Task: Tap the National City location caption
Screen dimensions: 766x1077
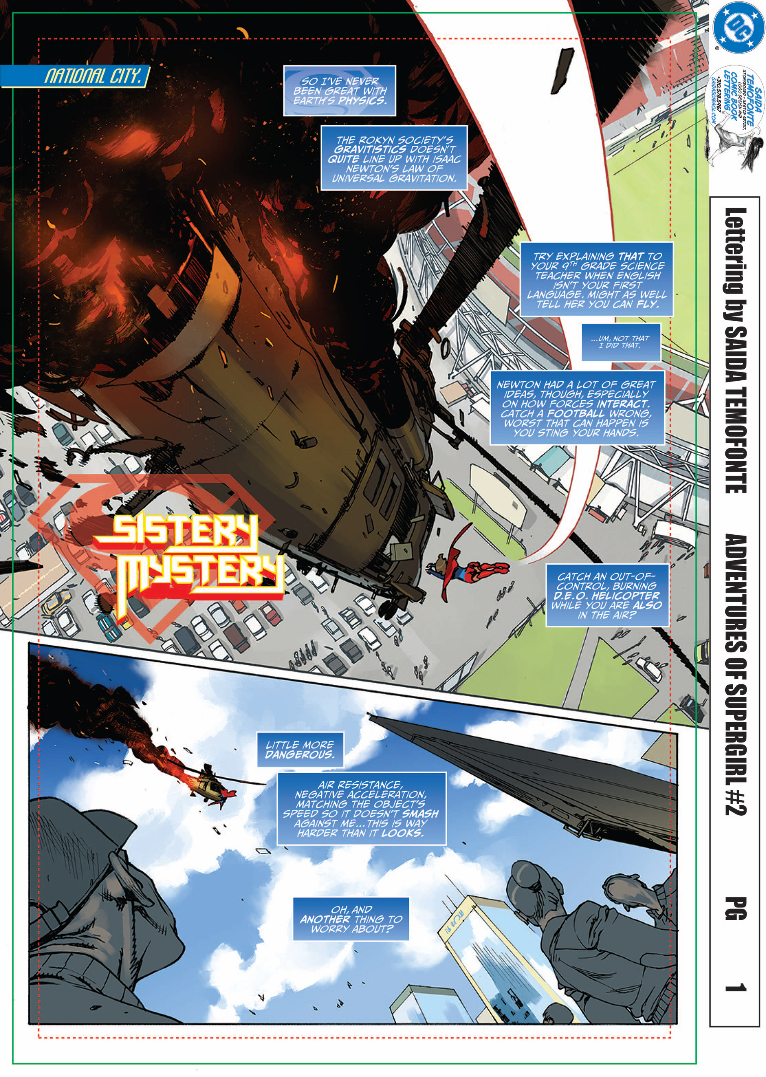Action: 92,76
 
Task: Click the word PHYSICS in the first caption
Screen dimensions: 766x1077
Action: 362,101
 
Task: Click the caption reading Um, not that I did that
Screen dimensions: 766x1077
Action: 620,342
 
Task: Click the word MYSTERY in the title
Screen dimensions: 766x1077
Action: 200,575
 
